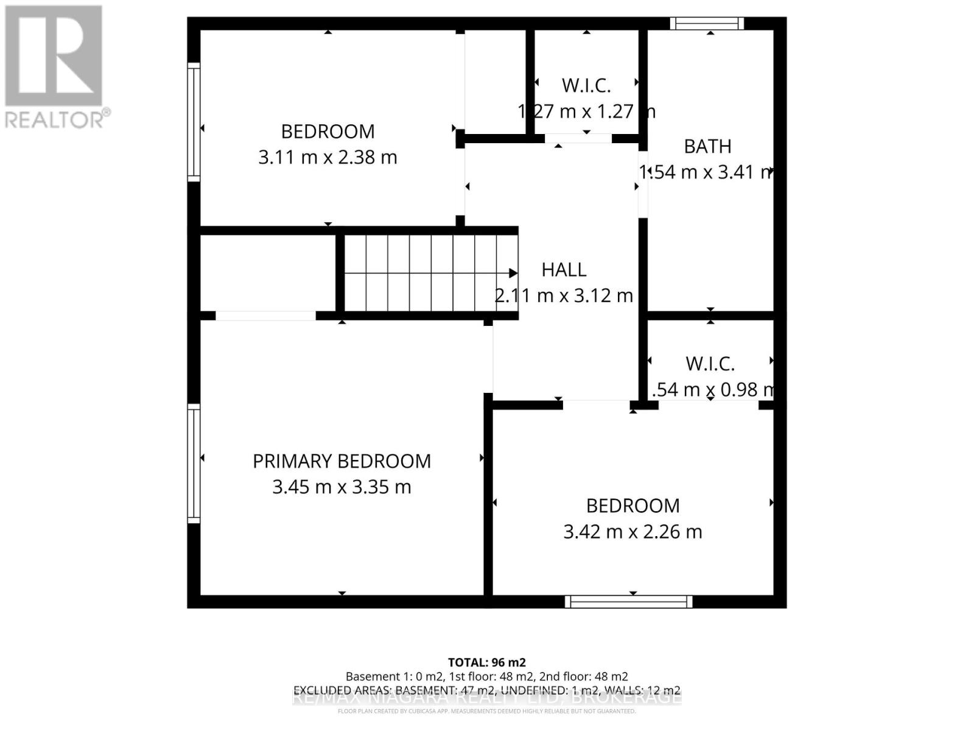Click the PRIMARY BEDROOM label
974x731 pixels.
(x=342, y=461)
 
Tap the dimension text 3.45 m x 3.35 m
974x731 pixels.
(x=342, y=487)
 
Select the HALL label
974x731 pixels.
(x=564, y=270)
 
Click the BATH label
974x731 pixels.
(x=707, y=146)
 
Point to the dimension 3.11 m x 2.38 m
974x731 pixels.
(x=328, y=157)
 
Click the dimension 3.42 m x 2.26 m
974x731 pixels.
(x=632, y=532)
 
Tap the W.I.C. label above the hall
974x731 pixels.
(x=586, y=85)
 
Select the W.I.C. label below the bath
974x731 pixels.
(x=710, y=364)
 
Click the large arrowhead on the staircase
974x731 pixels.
(x=513, y=273)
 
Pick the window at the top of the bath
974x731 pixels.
(x=707, y=24)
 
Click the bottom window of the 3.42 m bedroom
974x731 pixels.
(x=628, y=602)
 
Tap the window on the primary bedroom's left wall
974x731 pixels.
(x=194, y=463)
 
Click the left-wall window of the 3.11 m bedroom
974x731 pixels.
(x=194, y=122)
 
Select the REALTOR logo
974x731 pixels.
(x=57, y=67)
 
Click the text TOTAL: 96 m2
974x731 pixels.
(x=486, y=662)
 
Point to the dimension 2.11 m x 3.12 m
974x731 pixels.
(x=564, y=296)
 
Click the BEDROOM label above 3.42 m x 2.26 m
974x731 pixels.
(x=632, y=506)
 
